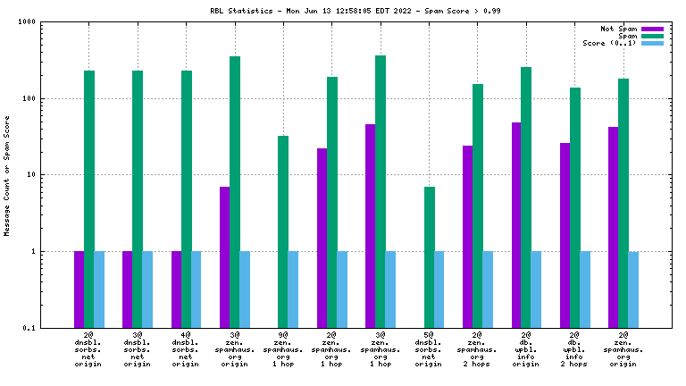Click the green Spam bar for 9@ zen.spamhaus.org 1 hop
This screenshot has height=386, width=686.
coord(283,231)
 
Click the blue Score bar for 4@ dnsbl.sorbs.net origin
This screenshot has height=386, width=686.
coord(197,289)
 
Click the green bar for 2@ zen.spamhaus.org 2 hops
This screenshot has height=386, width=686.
coord(478,206)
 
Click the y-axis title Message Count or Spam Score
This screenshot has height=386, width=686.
coord(7,175)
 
